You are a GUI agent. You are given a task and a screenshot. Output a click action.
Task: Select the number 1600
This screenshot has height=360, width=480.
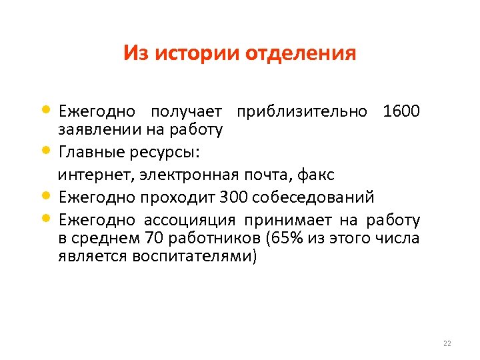click(x=401, y=111)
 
